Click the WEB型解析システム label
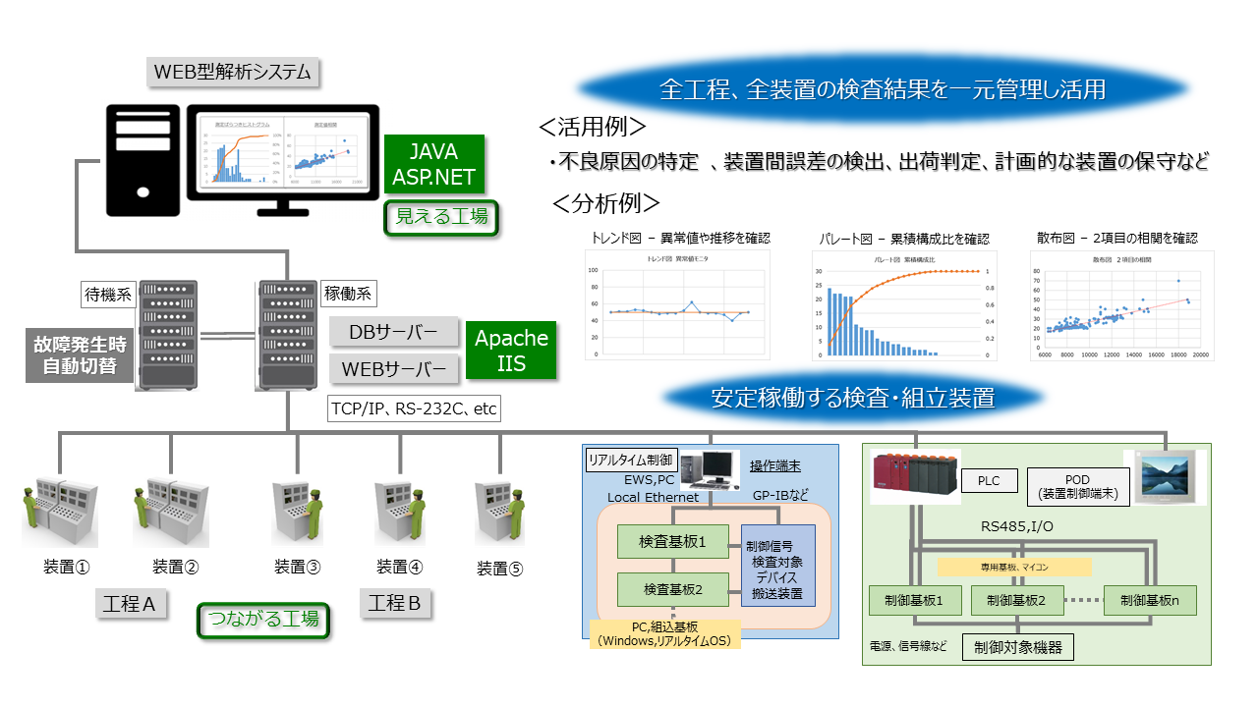[x=234, y=72]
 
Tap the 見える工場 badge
[x=441, y=217]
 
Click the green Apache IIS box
[x=511, y=351]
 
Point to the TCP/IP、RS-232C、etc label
[x=414, y=408]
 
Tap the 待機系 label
[x=106, y=294]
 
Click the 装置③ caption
[x=298, y=567]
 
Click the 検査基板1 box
[x=672, y=542]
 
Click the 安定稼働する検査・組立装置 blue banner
[x=852, y=398]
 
